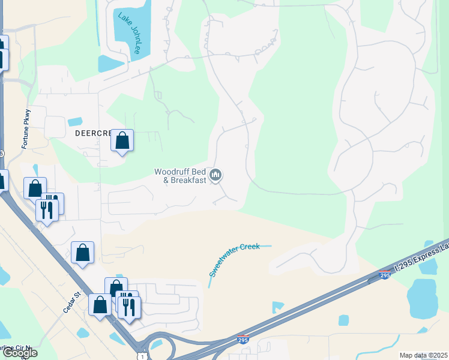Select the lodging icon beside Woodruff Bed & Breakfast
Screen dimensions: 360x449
tap(216, 175)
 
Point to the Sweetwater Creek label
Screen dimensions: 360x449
tap(235, 260)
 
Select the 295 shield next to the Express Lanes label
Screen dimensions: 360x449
tap(385, 275)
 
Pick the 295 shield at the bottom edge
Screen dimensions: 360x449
tap(243, 340)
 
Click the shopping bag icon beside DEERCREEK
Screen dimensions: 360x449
tap(122, 141)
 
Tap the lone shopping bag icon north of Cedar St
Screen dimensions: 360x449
tap(82, 253)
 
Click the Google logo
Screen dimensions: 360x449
tap(20, 353)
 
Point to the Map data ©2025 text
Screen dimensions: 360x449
tap(423, 355)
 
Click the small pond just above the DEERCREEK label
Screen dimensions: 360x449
tap(74, 122)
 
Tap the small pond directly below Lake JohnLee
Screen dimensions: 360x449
tap(111, 64)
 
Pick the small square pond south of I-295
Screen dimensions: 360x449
tap(343, 320)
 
